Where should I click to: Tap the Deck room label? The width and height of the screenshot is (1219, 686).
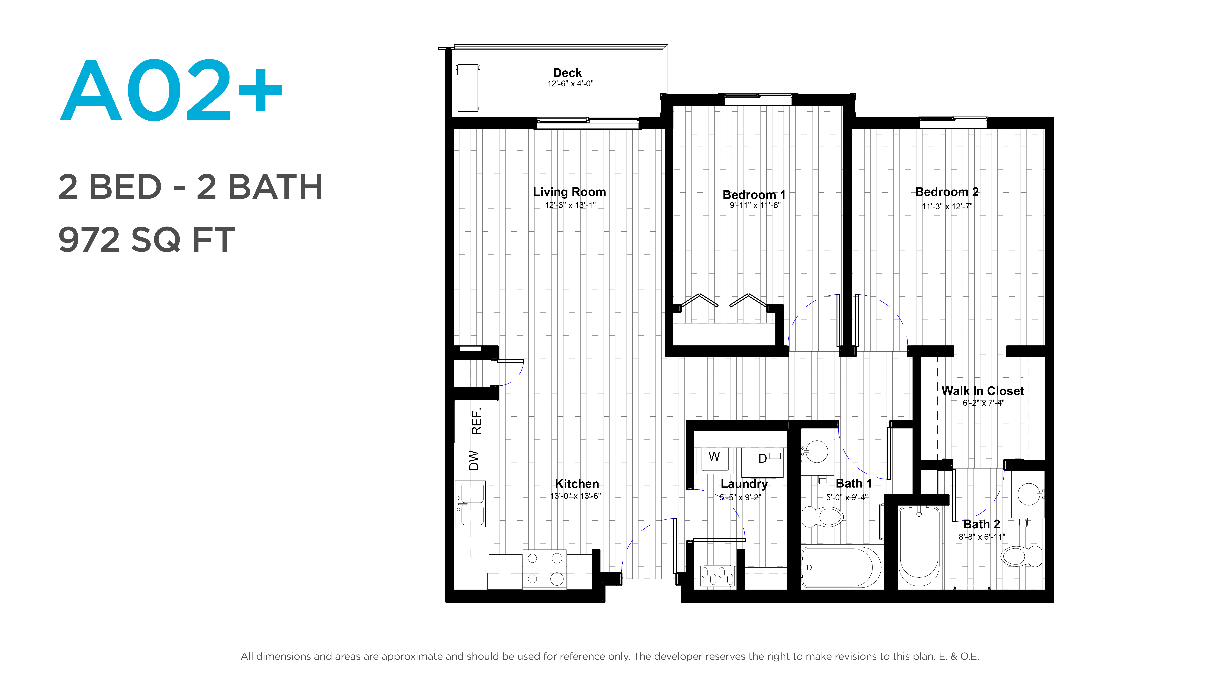point(567,73)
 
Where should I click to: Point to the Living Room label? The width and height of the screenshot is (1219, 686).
point(569,192)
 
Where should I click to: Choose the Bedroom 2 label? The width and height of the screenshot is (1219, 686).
point(947,192)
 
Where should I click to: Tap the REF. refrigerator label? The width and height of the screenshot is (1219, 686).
point(476,421)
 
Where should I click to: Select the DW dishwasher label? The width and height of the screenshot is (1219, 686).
point(474,460)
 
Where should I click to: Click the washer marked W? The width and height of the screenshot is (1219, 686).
point(714,458)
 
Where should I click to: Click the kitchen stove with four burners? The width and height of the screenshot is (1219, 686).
point(545,569)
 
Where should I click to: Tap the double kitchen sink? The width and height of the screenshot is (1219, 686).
point(470,504)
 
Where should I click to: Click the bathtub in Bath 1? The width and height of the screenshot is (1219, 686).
point(841,567)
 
